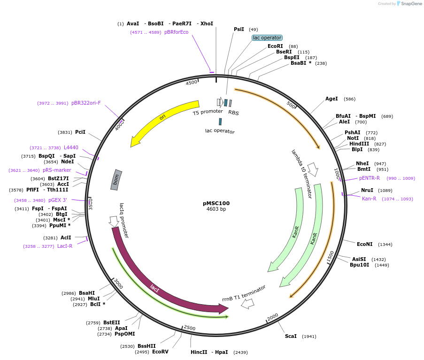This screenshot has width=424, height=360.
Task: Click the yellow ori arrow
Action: [x=162, y=117]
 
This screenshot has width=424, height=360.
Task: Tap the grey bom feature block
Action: [x=116, y=180]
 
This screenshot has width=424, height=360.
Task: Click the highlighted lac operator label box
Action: [x=267, y=38]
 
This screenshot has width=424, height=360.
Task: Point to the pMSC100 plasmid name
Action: [x=216, y=203]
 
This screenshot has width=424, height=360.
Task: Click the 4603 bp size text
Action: [x=216, y=209]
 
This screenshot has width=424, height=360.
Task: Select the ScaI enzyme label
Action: [x=291, y=337]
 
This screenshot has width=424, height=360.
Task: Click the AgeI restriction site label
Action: [x=331, y=99]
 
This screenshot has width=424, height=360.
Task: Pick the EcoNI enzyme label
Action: [x=364, y=244]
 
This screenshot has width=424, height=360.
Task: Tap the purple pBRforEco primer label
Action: [x=176, y=32]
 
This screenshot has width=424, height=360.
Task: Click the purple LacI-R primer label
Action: [x=65, y=246]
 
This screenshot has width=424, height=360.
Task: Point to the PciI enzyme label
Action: [x=80, y=132]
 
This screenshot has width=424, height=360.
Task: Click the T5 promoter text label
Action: [x=208, y=112]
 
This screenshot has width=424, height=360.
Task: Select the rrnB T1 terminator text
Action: [x=244, y=293]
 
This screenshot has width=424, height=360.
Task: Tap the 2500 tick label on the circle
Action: [x=190, y=328]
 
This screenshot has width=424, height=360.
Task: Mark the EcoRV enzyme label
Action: [x=160, y=352]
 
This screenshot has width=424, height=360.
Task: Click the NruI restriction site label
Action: [x=367, y=191]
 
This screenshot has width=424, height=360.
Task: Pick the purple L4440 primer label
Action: [x=71, y=148]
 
